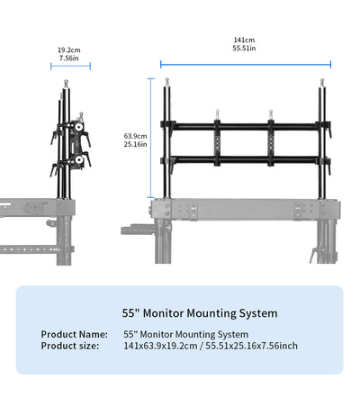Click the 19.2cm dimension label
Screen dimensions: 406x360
tap(67, 50)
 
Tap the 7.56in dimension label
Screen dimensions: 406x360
tap(67, 58)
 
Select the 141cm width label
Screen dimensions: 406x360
tap(244, 40)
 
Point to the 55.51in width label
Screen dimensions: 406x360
tap(244, 48)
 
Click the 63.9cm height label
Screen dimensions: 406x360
tap(135, 136)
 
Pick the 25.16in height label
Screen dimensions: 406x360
tap(135, 144)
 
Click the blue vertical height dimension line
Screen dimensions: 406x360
tap(150, 135)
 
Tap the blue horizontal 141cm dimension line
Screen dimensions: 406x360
tap(245, 64)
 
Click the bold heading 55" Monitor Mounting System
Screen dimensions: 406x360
tap(200, 313)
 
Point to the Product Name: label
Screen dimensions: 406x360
tap(75, 335)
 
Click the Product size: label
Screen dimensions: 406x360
tap(71, 346)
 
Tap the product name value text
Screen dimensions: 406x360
tap(185, 335)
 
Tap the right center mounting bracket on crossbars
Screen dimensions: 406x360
tap(269, 142)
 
